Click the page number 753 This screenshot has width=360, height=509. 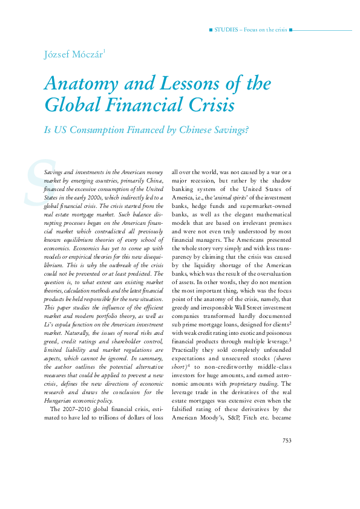[x=287, y=440]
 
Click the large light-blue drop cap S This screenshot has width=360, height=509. [x=35, y=182]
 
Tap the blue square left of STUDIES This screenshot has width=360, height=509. [x=210, y=30]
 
